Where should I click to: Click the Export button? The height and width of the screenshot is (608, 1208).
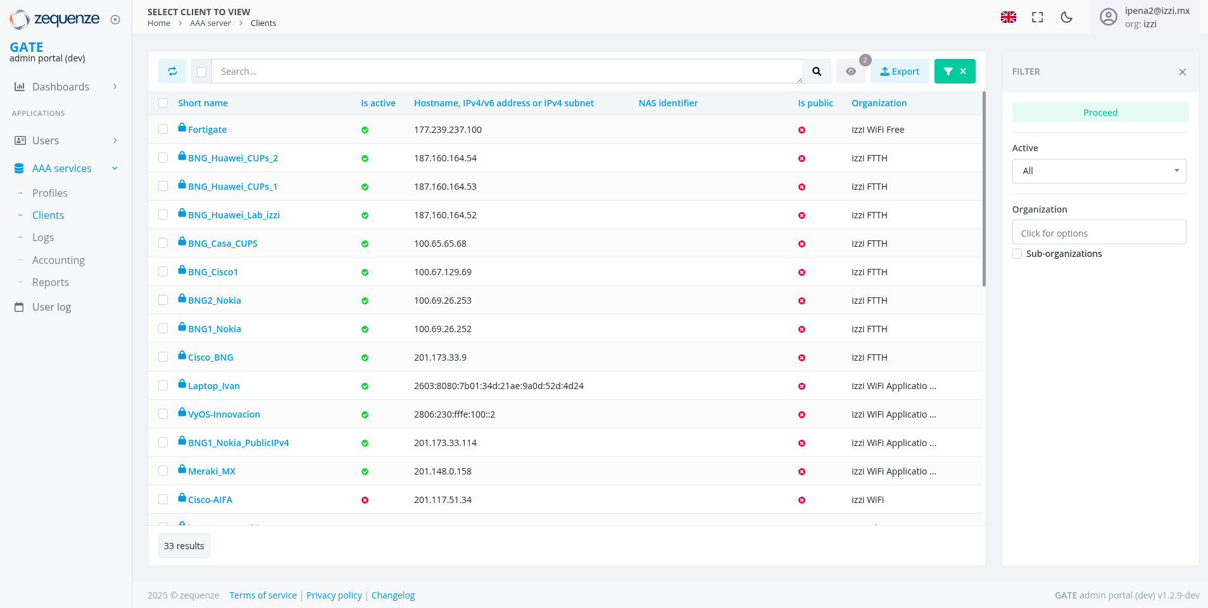point(899,71)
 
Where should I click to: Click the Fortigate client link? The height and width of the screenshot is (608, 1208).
point(207,130)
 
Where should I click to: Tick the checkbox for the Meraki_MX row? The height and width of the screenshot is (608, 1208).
point(163,471)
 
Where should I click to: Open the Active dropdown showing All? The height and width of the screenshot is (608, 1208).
point(1098,171)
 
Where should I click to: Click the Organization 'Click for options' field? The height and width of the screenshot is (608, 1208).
point(1098,233)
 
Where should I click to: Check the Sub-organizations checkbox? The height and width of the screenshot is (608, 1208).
point(1017,254)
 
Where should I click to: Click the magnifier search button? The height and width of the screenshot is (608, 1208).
point(817,71)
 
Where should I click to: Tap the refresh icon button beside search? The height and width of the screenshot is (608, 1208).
point(172,71)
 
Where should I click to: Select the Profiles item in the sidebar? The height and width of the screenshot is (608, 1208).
point(50,193)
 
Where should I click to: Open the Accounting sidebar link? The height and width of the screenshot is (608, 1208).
point(58,260)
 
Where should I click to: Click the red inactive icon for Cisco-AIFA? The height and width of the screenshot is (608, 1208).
point(365,500)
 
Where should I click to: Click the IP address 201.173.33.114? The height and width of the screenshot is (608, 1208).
point(445,443)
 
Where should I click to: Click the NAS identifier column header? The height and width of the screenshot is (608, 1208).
point(668,103)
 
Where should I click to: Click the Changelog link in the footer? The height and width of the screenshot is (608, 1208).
point(393,595)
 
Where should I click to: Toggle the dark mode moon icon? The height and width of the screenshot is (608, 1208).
point(1066,17)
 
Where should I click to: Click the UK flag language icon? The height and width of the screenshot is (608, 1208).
point(1009,17)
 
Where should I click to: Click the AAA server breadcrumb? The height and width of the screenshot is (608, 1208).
point(210,23)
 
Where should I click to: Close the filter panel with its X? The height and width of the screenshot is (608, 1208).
point(1182,72)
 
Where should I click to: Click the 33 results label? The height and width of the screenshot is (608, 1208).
point(184,546)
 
